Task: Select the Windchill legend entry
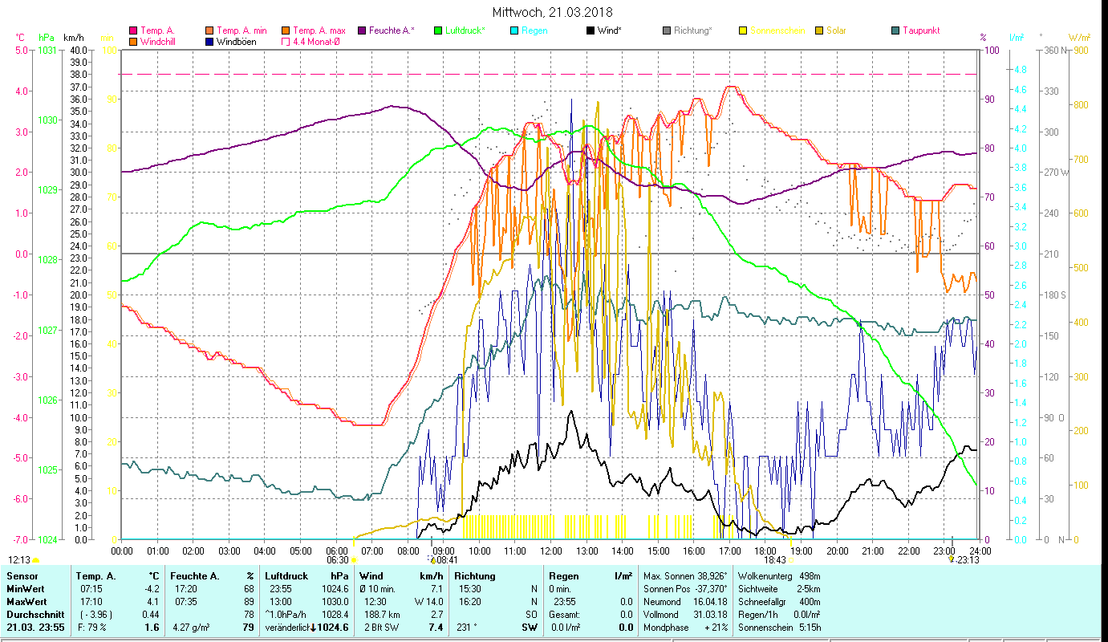tap(157, 42)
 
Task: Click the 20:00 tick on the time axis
tap(837, 551)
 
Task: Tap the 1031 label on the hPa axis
tap(47, 51)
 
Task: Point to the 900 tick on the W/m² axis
tap(1081, 51)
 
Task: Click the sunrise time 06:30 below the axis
tap(337, 560)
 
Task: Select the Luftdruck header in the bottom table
tap(286, 576)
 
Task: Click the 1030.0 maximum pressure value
tap(337, 601)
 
